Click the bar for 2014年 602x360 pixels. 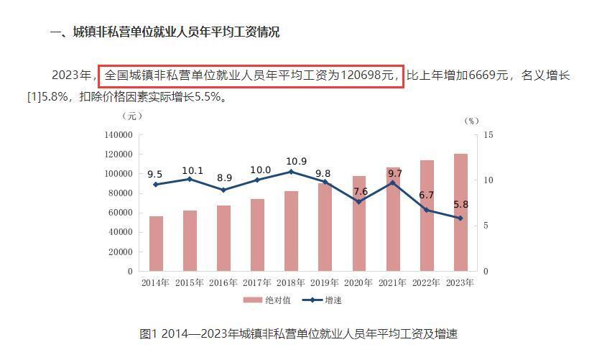click(156, 244)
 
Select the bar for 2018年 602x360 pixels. click(291, 231)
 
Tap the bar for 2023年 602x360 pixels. click(460, 212)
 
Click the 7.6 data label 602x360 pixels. click(360, 192)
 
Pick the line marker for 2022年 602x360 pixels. click(426, 210)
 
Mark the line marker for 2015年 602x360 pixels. click(190, 179)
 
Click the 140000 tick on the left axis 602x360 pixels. click(119, 135)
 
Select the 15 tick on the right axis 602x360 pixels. click(488, 135)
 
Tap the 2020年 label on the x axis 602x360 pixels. click(359, 283)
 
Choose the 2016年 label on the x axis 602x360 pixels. click(223, 283)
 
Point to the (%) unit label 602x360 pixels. click(471, 121)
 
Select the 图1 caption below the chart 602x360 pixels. click(298, 333)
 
